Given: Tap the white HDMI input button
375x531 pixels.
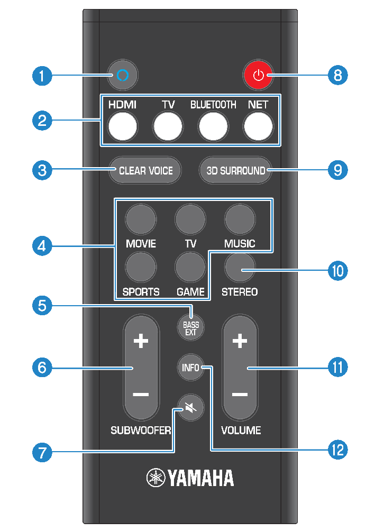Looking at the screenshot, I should pyautogui.click(x=123, y=127).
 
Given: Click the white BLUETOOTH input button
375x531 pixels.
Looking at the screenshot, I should pyautogui.click(x=213, y=127).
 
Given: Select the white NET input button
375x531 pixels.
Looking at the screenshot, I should pyautogui.click(x=259, y=127).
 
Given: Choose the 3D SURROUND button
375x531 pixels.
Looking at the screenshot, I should pyautogui.click(x=235, y=170).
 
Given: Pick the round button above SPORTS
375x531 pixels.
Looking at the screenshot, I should pyautogui.click(x=141, y=267).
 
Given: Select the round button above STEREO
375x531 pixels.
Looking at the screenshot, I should pyautogui.click(x=240, y=267).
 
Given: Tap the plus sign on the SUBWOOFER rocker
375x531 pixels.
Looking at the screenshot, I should pyautogui.click(x=141, y=342).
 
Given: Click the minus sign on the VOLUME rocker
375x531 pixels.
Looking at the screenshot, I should pyautogui.click(x=240, y=395).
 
